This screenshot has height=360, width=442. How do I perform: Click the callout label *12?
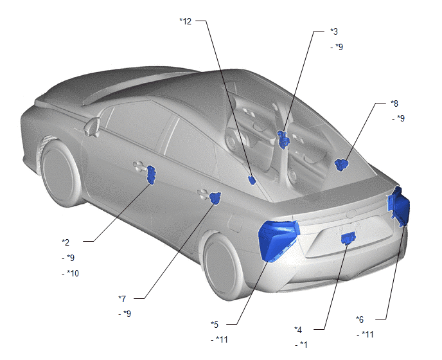[x=186, y=21]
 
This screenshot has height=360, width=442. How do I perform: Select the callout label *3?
[x=334, y=32]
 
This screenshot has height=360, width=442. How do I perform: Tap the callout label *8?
[x=394, y=104]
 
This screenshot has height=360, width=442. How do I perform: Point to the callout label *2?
[x=66, y=242]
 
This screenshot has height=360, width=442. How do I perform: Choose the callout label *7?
[x=122, y=298]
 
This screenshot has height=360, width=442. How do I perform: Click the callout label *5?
[x=215, y=325]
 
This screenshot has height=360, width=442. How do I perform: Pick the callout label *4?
[x=298, y=330]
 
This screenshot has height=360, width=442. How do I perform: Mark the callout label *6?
[x=360, y=319]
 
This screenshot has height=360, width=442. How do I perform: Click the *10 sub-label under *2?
[x=71, y=273]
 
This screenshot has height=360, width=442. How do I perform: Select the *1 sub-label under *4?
[x=301, y=345]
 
